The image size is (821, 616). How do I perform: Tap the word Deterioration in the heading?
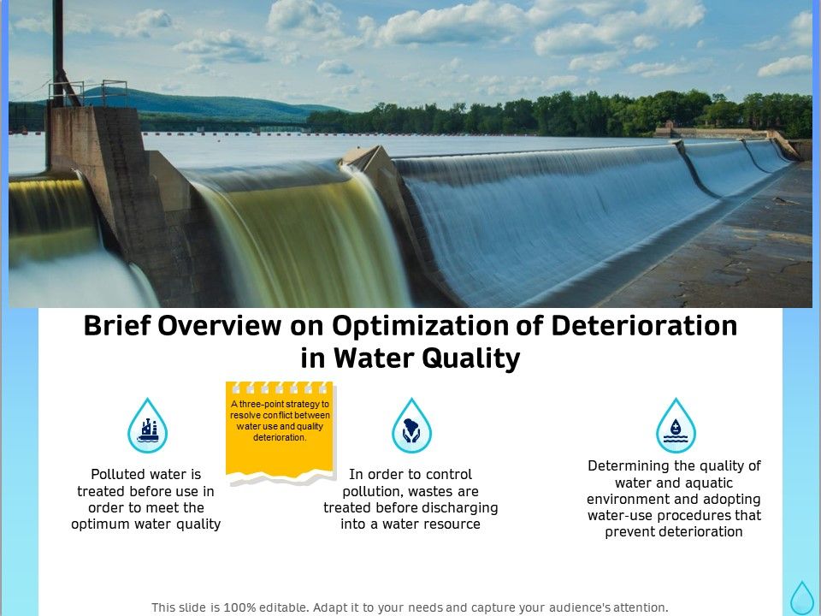pyautogui.click(x=645, y=327)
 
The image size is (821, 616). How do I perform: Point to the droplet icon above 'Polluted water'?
pyautogui.click(x=147, y=425)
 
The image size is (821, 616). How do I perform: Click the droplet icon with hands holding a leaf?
pyautogui.click(x=411, y=425)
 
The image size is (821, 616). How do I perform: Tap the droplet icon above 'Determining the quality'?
pyautogui.click(x=676, y=425)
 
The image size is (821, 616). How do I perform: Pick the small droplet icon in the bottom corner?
pyautogui.click(x=801, y=597)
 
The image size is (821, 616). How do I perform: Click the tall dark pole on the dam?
pyautogui.click(x=58, y=51)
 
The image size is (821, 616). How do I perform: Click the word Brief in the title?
pyautogui.click(x=116, y=327)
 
